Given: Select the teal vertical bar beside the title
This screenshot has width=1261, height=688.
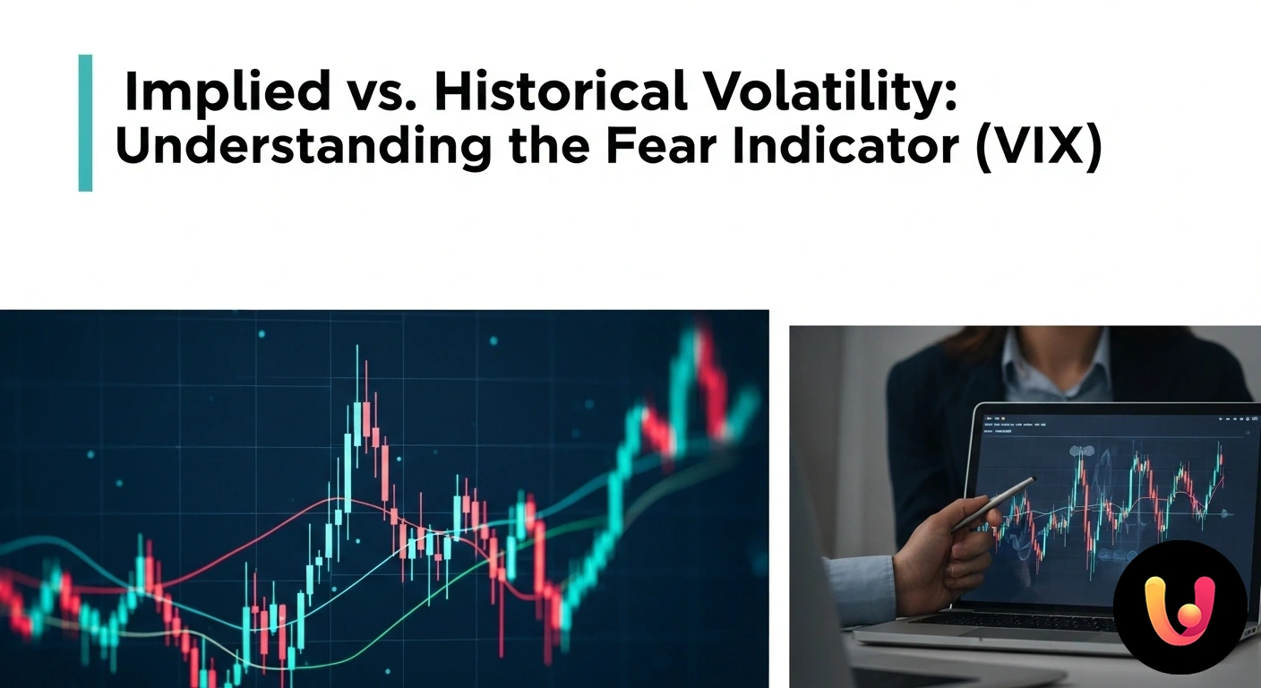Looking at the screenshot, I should tap(85, 123).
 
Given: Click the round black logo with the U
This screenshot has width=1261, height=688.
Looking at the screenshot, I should tap(1180, 606).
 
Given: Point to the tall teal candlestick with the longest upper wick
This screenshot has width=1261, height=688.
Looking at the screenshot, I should tap(357, 421).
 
